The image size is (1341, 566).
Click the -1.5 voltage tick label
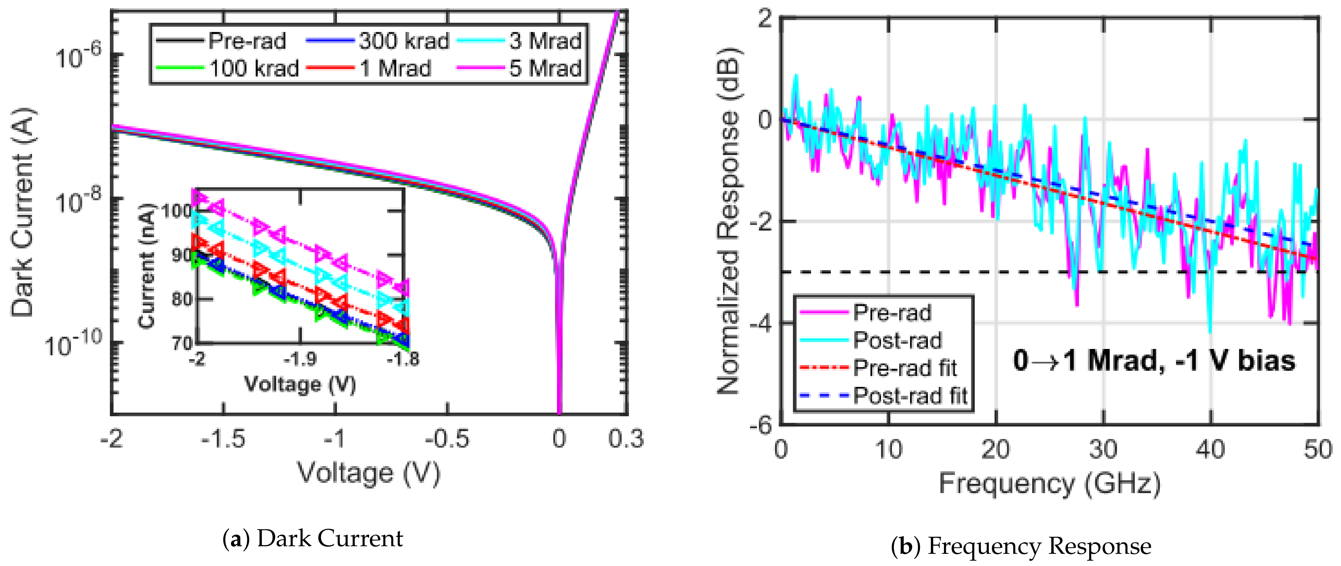[x=223, y=439]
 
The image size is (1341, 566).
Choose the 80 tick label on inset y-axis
[x=182, y=299]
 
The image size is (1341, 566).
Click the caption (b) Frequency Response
[x=1021, y=546]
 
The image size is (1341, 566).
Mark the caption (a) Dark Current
[x=312, y=538]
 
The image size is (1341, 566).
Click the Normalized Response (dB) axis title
[x=728, y=221]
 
